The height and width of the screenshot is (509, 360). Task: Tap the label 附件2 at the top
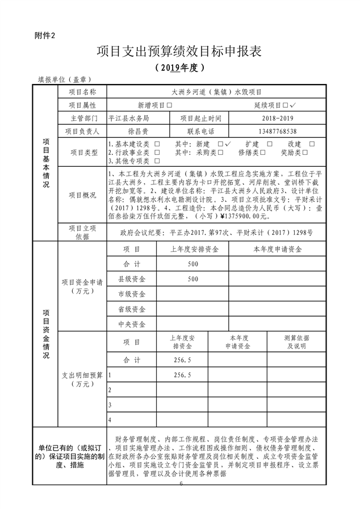pyautogui.click(x=46, y=36)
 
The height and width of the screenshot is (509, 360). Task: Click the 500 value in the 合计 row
pyautogui.click(x=192, y=264)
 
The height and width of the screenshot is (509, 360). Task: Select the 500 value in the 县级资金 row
pyautogui.click(x=192, y=279)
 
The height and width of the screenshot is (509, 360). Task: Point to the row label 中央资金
pyautogui.click(x=132, y=325)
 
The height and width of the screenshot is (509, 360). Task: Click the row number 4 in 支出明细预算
pyautogui.click(x=110, y=420)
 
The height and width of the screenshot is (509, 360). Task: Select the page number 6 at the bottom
pyautogui.click(x=181, y=483)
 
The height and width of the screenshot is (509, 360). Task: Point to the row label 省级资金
pyautogui.click(x=132, y=309)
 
